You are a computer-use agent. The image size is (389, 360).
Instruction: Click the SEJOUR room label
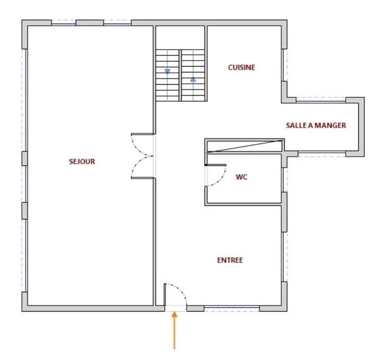point(82,162)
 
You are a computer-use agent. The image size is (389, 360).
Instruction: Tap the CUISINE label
point(242,67)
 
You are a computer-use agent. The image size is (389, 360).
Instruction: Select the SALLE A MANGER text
point(316,125)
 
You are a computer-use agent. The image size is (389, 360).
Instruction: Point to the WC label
point(242,177)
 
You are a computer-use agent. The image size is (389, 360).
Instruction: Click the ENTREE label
point(230,260)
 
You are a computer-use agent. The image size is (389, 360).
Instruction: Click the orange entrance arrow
point(174,330)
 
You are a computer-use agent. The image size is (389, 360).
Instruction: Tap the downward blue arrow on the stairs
point(168,72)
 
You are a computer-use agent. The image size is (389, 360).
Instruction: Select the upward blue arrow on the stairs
point(193,80)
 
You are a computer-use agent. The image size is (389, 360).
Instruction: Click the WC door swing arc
point(221,179)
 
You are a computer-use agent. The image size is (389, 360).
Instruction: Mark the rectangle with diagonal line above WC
point(244,146)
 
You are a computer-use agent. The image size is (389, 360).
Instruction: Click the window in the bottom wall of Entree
point(232,308)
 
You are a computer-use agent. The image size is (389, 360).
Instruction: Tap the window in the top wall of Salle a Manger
point(321,100)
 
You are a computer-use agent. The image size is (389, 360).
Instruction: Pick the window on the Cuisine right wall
point(284,65)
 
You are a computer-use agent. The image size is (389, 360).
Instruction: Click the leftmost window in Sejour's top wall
point(63,23)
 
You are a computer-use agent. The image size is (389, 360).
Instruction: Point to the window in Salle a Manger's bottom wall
point(322,154)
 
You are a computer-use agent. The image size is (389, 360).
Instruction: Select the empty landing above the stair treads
point(180,38)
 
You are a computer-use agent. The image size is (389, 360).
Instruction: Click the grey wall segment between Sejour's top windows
point(90,23)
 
